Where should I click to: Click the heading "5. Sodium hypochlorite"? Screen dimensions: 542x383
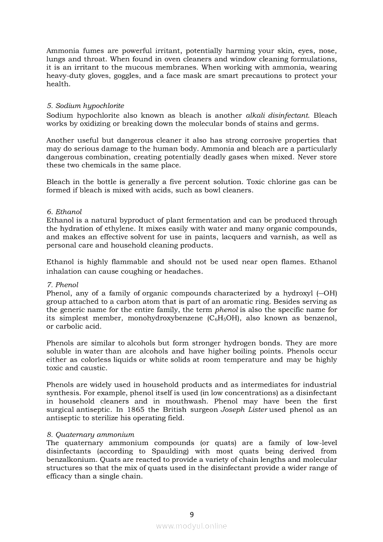(85, 106)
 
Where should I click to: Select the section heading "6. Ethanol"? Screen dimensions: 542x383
(64, 211)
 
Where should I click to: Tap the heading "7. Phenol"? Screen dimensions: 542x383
(63, 285)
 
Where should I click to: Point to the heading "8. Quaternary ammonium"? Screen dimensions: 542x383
(90, 434)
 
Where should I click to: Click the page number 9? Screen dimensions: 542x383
(191, 514)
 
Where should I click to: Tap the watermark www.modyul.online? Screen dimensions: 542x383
(191, 526)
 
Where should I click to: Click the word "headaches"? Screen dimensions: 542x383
(185, 271)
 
